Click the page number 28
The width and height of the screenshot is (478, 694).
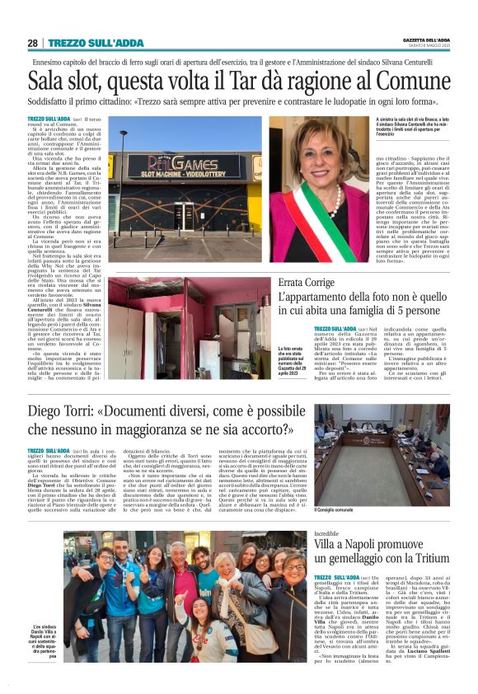32,43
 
